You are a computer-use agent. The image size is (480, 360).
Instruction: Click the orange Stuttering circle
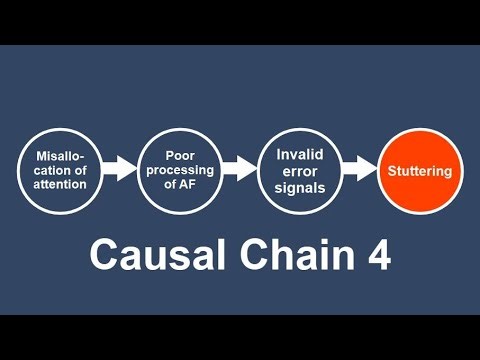(x=420, y=171)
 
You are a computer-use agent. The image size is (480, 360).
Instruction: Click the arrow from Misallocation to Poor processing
(x=119, y=169)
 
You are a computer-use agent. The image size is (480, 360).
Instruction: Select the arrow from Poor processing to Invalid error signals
(x=239, y=169)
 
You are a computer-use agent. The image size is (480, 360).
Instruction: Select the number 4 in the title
(x=377, y=254)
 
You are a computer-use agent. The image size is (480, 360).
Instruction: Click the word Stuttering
(x=420, y=171)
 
